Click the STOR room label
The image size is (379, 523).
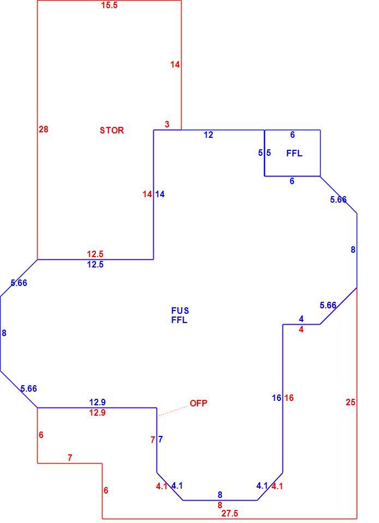point(112,130)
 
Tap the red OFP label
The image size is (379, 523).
point(198,403)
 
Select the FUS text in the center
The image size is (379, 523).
point(180,311)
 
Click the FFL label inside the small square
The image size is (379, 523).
point(294,153)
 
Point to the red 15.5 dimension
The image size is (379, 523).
point(109,5)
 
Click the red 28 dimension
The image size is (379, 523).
point(44,129)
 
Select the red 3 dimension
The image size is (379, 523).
point(167,124)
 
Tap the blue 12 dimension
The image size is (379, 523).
point(208,135)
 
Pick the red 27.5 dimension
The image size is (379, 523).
point(230,513)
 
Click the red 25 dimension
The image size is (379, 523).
point(350,402)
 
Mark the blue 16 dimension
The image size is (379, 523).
point(276,398)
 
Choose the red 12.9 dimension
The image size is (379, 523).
point(97,412)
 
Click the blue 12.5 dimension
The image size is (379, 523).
point(95,265)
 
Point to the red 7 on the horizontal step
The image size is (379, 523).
point(70,458)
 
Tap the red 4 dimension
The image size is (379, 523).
point(301,330)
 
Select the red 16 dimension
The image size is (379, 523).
point(289,398)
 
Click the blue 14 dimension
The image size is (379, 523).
point(160,194)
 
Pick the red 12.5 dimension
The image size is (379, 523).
point(95,254)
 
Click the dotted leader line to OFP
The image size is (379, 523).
point(173,411)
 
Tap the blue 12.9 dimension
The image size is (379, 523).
point(98,402)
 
